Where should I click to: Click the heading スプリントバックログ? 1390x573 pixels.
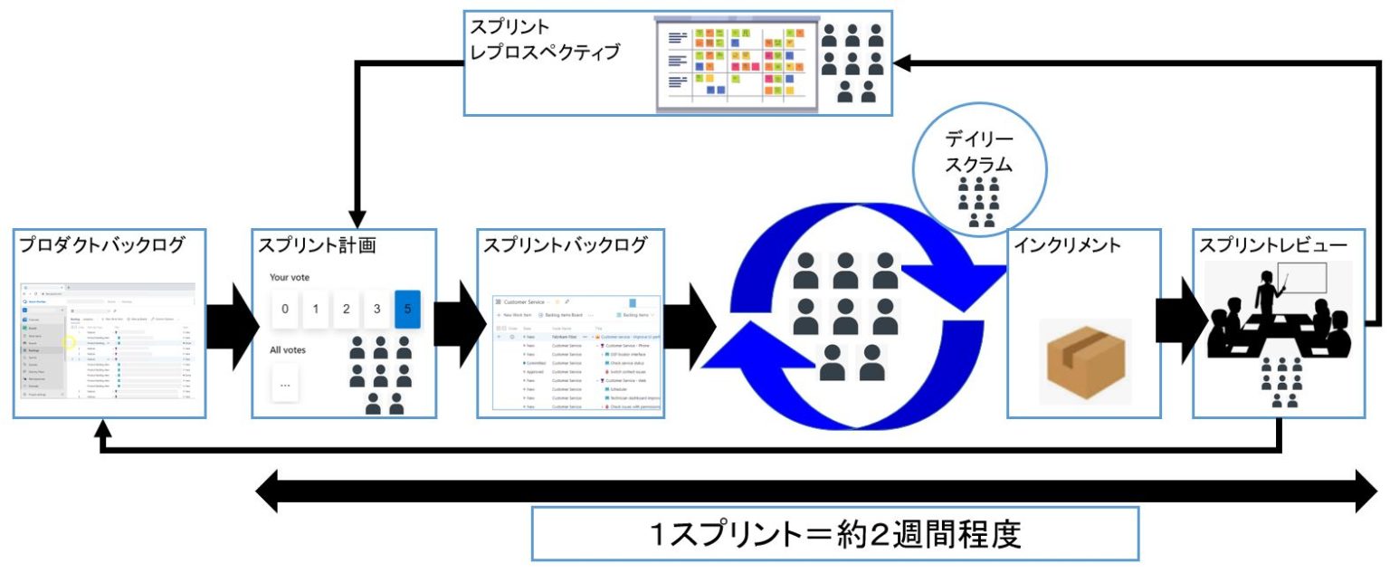click(566, 245)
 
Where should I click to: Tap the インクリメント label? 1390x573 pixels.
click(1067, 245)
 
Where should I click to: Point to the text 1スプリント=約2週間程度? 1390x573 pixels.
click(833, 535)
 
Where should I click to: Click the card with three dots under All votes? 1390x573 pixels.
click(285, 384)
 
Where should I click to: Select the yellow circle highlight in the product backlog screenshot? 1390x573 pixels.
click(69, 343)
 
